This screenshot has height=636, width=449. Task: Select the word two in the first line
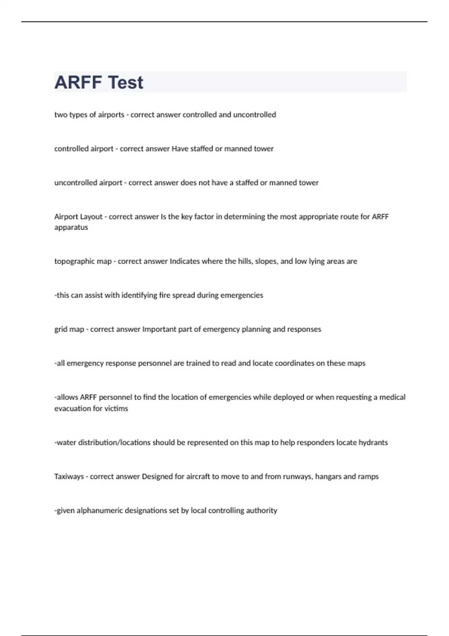(61, 115)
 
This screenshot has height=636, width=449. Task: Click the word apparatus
(71, 227)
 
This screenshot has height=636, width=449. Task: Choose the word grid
(61, 329)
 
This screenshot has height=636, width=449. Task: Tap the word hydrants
(373, 443)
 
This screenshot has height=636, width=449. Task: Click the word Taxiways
(69, 477)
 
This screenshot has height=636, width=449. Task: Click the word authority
(262, 511)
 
